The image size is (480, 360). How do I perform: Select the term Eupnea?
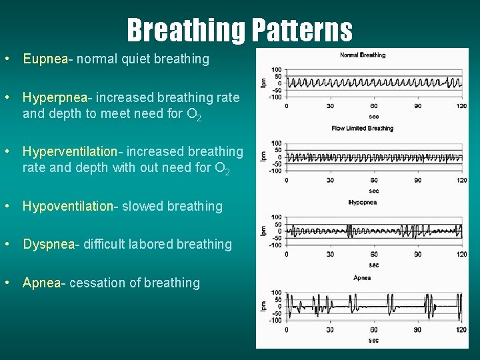(x=45, y=59)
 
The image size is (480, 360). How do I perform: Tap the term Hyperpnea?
(x=56, y=97)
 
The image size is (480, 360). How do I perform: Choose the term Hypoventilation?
(x=67, y=206)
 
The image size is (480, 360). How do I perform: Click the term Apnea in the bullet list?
(x=41, y=283)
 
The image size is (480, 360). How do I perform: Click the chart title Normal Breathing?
(x=363, y=55)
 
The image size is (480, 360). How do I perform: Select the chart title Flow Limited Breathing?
(x=363, y=129)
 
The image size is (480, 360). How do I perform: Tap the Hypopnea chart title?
(x=363, y=203)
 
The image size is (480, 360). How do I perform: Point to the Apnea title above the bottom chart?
(x=362, y=278)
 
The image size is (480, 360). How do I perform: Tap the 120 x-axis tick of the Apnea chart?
(x=461, y=329)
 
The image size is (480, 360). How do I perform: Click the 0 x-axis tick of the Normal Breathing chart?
(x=287, y=106)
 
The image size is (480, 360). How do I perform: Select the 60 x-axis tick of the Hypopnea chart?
(x=374, y=254)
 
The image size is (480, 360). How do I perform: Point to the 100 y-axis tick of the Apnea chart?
(x=277, y=292)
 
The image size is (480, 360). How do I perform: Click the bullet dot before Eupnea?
(x=6, y=59)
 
